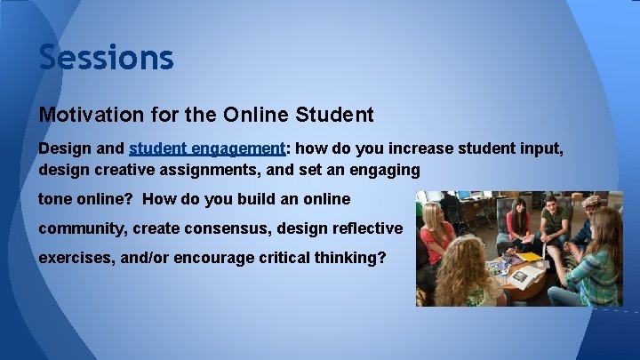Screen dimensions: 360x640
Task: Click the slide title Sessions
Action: coord(106,58)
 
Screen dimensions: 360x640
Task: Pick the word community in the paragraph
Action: coord(82,228)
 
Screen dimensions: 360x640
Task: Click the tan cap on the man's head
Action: coord(589,199)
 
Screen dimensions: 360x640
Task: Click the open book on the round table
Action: coord(523,276)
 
